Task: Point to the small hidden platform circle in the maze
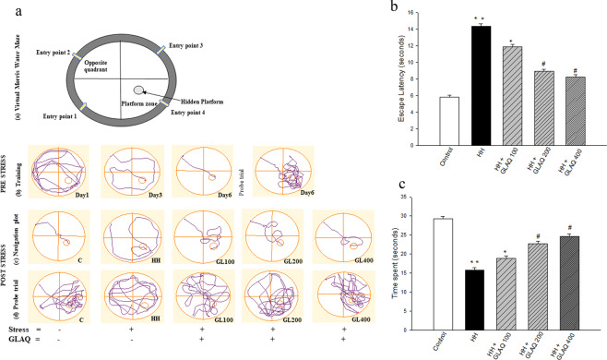tap(137, 90)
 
